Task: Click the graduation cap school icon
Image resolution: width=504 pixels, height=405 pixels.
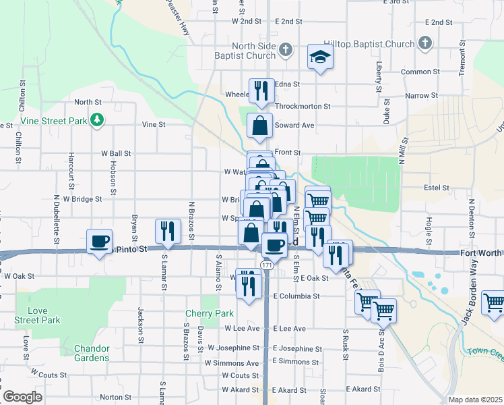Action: pos(320,57)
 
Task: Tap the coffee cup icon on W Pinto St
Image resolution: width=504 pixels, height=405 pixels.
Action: pos(100,242)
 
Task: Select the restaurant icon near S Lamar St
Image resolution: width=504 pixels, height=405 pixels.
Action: pos(168,231)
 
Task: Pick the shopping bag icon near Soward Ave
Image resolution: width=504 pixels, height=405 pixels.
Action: pos(259,126)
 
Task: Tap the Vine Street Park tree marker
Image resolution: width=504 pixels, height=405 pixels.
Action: pos(98,120)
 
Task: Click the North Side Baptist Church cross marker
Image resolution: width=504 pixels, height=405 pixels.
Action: pos(286,49)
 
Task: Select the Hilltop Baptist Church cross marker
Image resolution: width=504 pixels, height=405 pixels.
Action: pos(424,44)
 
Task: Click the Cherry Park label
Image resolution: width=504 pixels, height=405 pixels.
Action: pos(210,313)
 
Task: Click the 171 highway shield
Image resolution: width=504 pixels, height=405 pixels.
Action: pos(267,266)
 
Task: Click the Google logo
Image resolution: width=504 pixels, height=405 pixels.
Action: pos(22,397)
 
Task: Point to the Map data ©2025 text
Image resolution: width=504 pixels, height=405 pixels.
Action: pos(474,400)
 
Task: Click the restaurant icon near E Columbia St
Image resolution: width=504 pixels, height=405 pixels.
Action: pos(249,286)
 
